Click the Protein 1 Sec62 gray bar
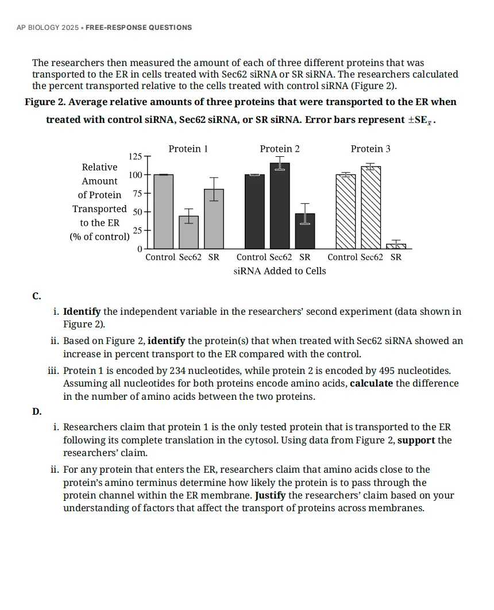click(189, 232)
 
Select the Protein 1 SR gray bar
click(214, 219)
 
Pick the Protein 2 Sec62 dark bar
click(280, 206)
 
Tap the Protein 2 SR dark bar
click(305, 231)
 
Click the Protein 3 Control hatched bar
click(346, 211)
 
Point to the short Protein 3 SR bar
click(396, 246)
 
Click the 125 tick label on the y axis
click(135, 157)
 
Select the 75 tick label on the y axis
click(137, 194)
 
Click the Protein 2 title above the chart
click(280, 149)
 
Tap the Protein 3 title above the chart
click(370, 149)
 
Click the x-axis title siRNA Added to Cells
click(280, 271)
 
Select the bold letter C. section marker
click(37, 296)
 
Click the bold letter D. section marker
click(37, 411)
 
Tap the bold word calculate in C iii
click(371, 383)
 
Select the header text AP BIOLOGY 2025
click(49, 28)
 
